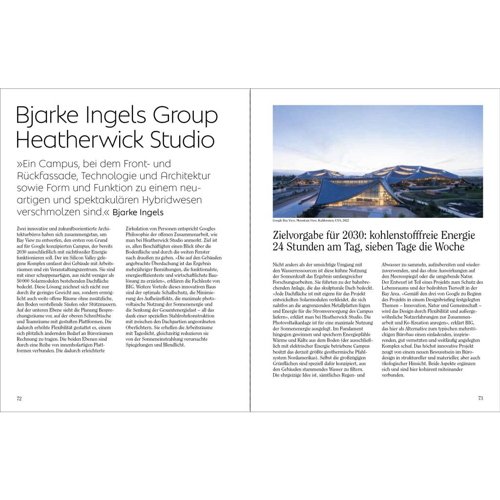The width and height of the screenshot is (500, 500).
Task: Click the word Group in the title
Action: (185, 116)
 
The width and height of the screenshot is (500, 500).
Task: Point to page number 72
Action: (20, 398)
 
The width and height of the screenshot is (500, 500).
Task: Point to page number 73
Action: (480, 398)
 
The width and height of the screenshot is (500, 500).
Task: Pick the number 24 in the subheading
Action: (278, 247)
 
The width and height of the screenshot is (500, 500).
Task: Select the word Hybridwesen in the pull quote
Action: (166, 200)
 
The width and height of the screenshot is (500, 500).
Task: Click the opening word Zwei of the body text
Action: (22, 229)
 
